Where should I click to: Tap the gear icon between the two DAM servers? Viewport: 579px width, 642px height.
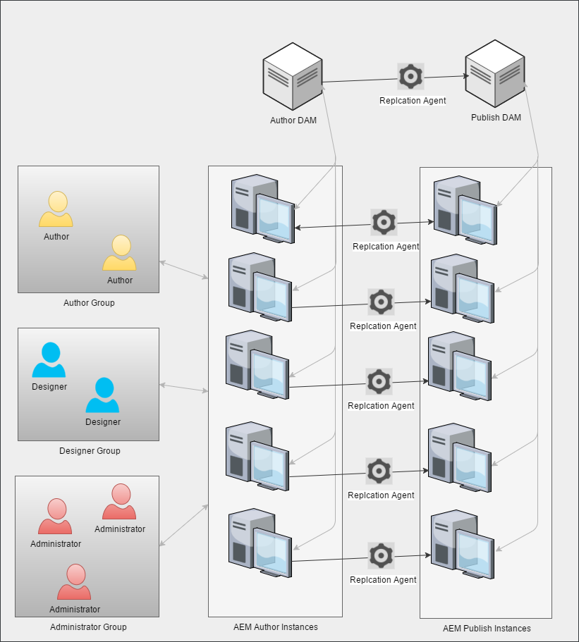pyautogui.click(x=411, y=77)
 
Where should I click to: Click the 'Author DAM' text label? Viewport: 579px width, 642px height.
pyautogui.click(x=293, y=121)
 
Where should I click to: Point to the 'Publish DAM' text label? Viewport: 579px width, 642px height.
pyautogui.click(x=496, y=118)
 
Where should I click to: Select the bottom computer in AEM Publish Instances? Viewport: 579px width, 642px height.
pyautogui.click(x=462, y=548)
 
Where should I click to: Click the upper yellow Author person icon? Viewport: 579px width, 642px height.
pyautogui.click(x=56, y=209)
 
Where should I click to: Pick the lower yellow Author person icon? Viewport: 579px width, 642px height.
pyautogui.click(x=120, y=253)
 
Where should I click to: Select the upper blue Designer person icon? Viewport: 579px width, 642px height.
pyautogui.click(x=49, y=360)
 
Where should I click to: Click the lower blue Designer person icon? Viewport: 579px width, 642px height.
pyautogui.click(x=103, y=395)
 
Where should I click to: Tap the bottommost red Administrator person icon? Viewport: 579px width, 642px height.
pyautogui.click(x=75, y=582)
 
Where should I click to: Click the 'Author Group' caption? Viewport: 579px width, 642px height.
pyautogui.click(x=89, y=303)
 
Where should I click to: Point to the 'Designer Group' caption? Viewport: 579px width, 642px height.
pyautogui.click(x=90, y=451)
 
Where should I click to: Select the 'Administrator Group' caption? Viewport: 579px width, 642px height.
pyautogui.click(x=88, y=627)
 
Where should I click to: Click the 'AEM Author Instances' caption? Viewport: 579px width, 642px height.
pyautogui.click(x=275, y=627)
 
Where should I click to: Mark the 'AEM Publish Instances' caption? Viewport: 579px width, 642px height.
pyautogui.click(x=487, y=629)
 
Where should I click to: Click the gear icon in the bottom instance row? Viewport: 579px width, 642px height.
pyautogui.click(x=381, y=555)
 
